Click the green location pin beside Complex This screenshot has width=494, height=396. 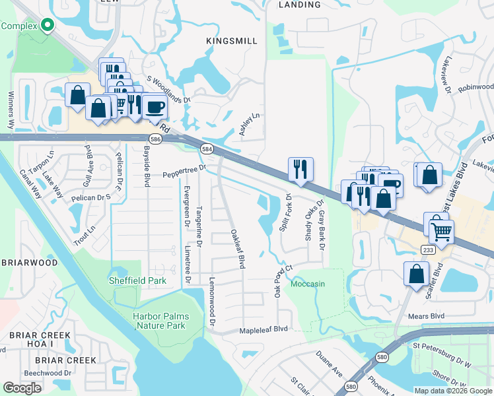pyautogui.click(x=47, y=25)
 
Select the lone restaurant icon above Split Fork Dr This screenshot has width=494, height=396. pyautogui.click(x=300, y=169)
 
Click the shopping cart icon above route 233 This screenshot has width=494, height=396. pyautogui.click(x=441, y=230)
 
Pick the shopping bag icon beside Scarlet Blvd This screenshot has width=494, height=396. pyautogui.click(x=416, y=273)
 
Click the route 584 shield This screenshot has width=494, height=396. pyautogui.click(x=207, y=149)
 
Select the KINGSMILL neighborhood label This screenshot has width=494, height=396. pyautogui.click(x=232, y=41)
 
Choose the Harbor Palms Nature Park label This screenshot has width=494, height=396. pyautogui.click(x=160, y=321)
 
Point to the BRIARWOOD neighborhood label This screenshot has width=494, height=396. pyautogui.click(x=30, y=262)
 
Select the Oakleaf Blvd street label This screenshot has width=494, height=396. pyautogui.click(x=238, y=248)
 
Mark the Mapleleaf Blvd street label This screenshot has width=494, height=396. pyautogui.click(x=264, y=329)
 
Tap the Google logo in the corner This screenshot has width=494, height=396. pyautogui.click(x=22, y=388)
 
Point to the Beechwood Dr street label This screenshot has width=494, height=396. pyautogui.click(x=48, y=373)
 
